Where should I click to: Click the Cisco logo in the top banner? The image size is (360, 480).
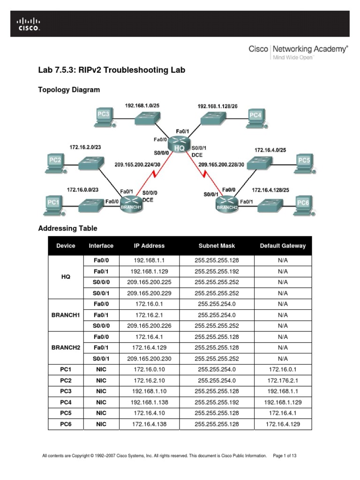(29, 24)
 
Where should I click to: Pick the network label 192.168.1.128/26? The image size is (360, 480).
(217, 106)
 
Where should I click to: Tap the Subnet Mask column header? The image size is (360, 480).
(217, 246)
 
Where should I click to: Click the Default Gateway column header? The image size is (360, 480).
(283, 246)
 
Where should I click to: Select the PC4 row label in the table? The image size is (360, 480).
(66, 402)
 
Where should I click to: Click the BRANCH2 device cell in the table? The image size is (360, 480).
(66, 348)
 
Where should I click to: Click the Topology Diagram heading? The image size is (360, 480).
(69, 90)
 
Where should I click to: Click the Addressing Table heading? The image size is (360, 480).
(67, 228)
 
